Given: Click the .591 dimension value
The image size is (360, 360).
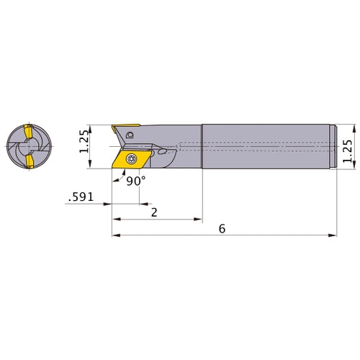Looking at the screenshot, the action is click(81, 197).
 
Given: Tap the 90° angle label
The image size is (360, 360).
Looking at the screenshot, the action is click(136, 181).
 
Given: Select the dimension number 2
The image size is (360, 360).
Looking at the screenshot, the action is click(154, 212).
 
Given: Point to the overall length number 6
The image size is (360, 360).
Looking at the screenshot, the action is click(222, 229).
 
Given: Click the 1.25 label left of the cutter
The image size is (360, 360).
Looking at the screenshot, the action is click(84, 141).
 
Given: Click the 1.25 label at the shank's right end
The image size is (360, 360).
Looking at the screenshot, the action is click(348, 151).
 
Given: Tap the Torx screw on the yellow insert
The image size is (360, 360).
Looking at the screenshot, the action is click(131, 158).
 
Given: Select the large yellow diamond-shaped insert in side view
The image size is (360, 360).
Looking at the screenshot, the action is click(132, 159).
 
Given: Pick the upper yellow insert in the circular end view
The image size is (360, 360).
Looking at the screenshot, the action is click(28, 132).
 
